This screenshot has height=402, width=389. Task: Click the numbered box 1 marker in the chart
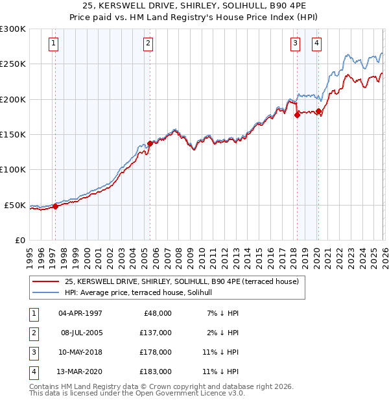[53, 44]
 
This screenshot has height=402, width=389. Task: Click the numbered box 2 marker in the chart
[148, 44]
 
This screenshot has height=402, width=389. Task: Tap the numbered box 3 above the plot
[295, 44]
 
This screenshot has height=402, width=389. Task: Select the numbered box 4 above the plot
[316, 44]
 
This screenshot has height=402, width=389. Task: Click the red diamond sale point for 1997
[55, 207]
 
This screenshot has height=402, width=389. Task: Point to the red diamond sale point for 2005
[150, 143]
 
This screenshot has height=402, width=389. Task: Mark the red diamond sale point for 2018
[297, 115]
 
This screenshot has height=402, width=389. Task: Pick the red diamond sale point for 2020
[318, 111]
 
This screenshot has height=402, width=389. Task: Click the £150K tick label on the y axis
[13, 135]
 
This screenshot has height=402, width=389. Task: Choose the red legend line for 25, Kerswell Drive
[46, 282]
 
